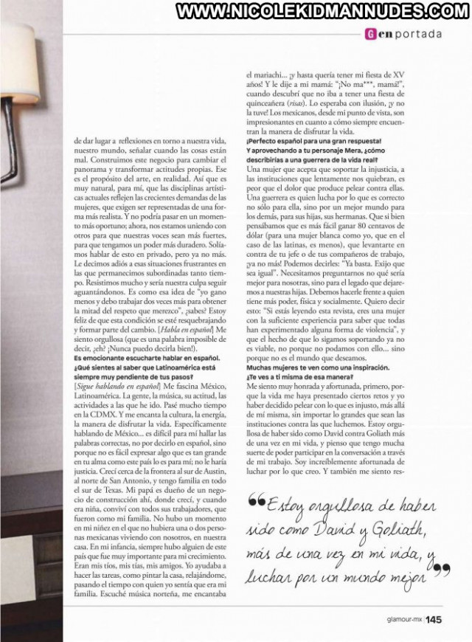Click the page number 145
(x=434, y=620)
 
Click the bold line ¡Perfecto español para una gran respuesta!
(x=313, y=139)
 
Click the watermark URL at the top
(x=318, y=12)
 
